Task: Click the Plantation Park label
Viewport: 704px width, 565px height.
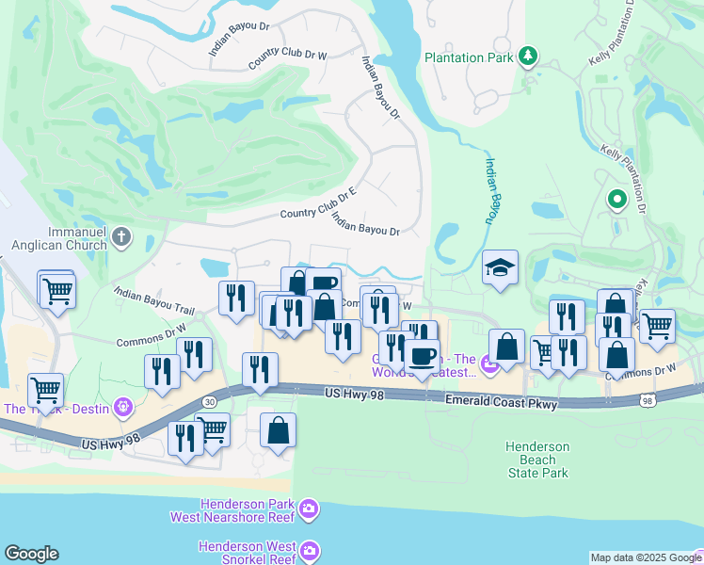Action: [x=469, y=57]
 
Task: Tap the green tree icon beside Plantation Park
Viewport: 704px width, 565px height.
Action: [x=528, y=57]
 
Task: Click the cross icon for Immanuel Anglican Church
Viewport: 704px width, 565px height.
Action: [x=121, y=235]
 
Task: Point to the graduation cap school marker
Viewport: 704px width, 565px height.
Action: [x=501, y=267]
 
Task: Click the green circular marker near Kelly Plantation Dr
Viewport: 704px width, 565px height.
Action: [x=617, y=199]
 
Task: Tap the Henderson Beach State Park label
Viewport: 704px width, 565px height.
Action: [x=536, y=460]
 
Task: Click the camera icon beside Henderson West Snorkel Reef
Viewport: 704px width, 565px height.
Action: [x=312, y=549]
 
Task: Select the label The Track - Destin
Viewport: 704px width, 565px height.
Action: [x=57, y=408]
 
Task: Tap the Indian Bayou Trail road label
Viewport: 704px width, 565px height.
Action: [x=153, y=301]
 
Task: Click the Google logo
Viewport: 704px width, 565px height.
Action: [x=31, y=554]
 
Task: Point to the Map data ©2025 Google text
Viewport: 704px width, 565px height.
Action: [x=645, y=557]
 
